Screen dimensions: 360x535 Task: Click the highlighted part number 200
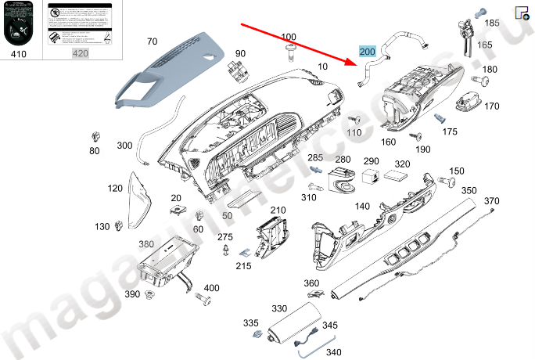tap(367, 52)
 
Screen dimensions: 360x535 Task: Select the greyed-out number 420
tap(81, 54)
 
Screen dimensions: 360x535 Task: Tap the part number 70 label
tap(152, 41)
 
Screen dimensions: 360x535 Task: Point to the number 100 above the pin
tap(289, 37)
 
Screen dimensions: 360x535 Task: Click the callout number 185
tap(492, 23)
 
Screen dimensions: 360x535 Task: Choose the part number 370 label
tap(491, 202)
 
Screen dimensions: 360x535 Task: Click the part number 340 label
tap(333, 352)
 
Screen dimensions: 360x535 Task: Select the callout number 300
tap(124, 146)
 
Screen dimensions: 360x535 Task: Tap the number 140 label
tap(362, 207)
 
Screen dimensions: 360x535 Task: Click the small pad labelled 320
tap(400, 178)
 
